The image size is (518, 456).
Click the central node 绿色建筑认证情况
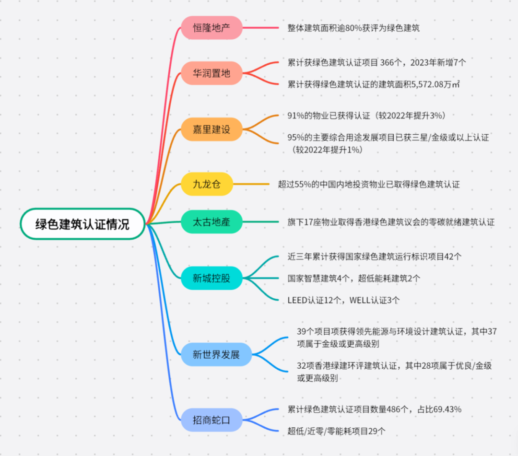(x=82, y=224)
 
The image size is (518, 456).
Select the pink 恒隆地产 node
(x=211, y=28)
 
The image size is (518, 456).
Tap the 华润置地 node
(x=211, y=73)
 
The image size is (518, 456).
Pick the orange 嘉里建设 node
(x=211, y=129)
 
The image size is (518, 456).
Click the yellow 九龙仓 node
(x=206, y=184)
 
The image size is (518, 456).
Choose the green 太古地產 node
(x=211, y=222)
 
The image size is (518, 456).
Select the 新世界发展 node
(x=216, y=355)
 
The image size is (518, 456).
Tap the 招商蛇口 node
(x=211, y=420)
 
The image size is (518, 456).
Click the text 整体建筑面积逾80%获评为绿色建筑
(x=353, y=28)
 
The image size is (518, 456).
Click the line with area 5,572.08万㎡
(x=374, y=84)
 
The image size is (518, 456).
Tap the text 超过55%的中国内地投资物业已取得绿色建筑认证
(x=368, y=184)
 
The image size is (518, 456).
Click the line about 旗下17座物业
(x=391, y=222)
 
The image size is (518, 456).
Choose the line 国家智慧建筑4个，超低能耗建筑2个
(x=354, y=278)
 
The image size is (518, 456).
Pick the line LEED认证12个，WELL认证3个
(x=343, y=300)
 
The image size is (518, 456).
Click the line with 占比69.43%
(x=375, y=409)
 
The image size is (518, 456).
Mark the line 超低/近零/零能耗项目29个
(x=337, y=432)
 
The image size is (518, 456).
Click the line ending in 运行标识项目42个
(x=375, y=257)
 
